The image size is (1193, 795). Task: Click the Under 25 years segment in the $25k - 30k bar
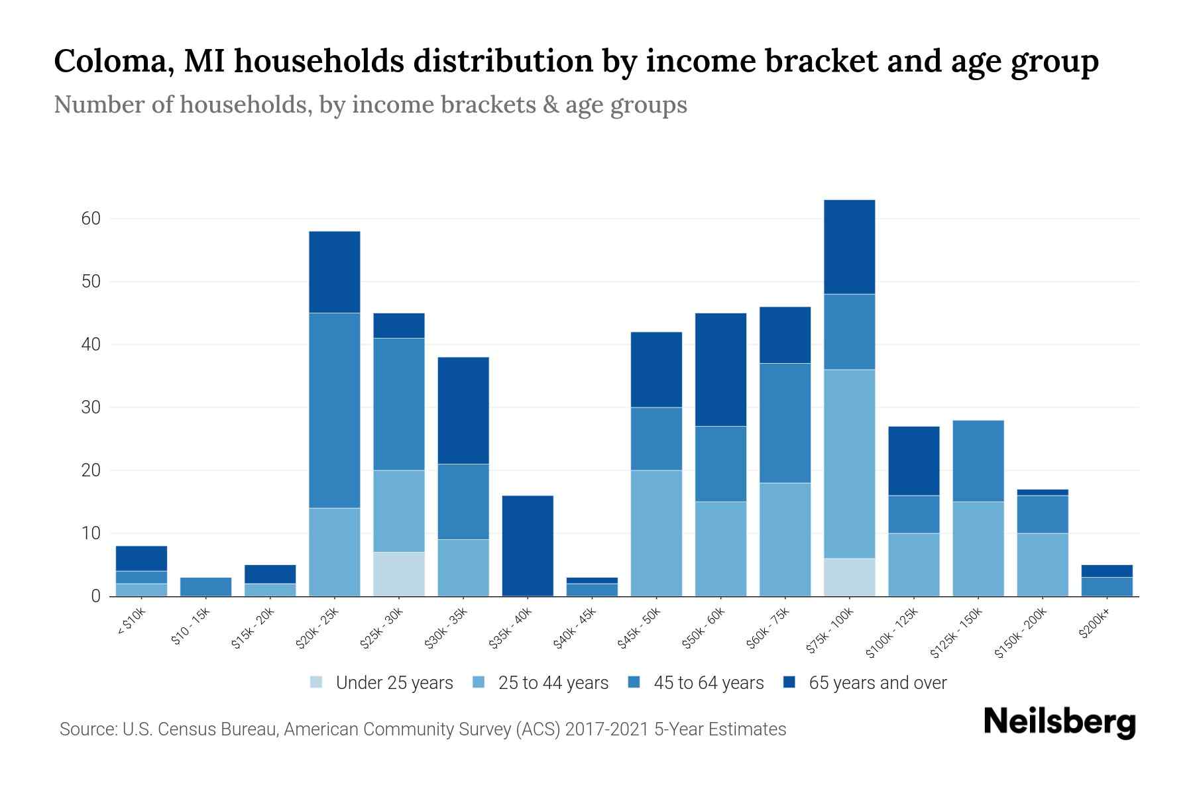[399, 574]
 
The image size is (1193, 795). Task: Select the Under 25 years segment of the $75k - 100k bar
[850, 577]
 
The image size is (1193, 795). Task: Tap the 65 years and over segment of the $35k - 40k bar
[528, 545]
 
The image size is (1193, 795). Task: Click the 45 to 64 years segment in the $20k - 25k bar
[335, 410]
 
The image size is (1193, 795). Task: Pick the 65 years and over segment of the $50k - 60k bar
[720, 369]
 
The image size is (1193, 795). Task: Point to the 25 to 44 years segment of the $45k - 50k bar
[656, 533]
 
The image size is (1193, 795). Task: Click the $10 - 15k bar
[205, 587]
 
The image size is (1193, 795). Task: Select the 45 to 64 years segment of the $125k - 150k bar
[978, 460]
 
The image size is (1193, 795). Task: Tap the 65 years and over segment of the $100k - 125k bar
[914, 460]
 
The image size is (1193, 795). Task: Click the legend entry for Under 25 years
[381, 683]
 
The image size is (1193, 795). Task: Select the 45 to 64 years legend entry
[696, 683]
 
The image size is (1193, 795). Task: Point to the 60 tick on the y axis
[91, 219]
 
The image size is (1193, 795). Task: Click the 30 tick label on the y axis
[91, 407]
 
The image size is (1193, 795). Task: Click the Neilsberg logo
[1059, 722]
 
